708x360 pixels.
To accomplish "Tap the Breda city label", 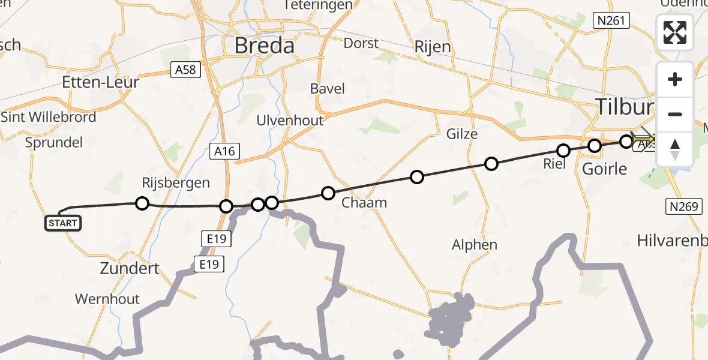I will (x=265, y=46).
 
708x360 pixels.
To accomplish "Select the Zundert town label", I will (x=130, y=268).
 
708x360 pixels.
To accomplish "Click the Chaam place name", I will (x=364, y=202).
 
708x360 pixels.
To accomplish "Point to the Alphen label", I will (x=475, y=244).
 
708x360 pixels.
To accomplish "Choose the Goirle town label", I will (x=605, y=169).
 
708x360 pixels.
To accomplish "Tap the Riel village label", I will (x=554, y=163).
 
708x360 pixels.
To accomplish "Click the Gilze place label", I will (x=462, y=134).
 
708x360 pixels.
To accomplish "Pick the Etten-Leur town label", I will (x=100, y=82).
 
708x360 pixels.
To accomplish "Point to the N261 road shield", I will (x=611, y=22).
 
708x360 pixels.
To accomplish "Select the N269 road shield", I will (x=683, y=207).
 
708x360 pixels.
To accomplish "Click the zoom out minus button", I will (x=675, y=114).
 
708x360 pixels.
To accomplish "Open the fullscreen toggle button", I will (x=675, y=32).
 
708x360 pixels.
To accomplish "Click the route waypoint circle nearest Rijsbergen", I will (x=142, y=203).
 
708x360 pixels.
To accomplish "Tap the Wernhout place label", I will (x=107, y=299).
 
